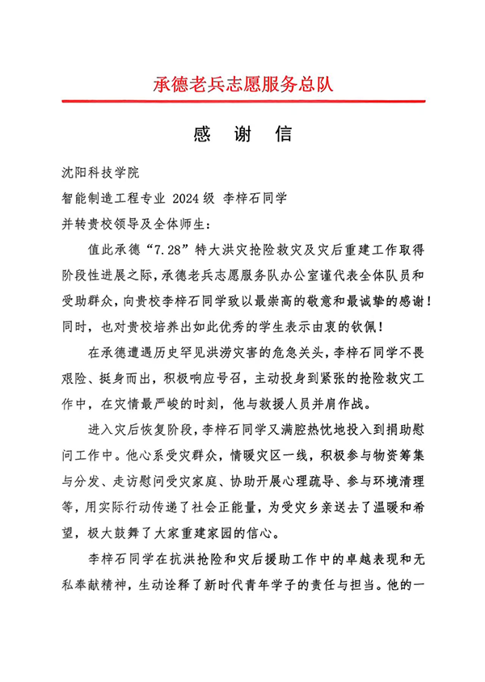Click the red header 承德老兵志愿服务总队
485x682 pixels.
pos(242,83)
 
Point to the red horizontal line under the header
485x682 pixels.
pos(242,101)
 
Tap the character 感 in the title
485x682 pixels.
pos(202,134)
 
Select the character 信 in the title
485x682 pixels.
pos(283,134)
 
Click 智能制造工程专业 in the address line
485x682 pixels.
pos(114,197)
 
